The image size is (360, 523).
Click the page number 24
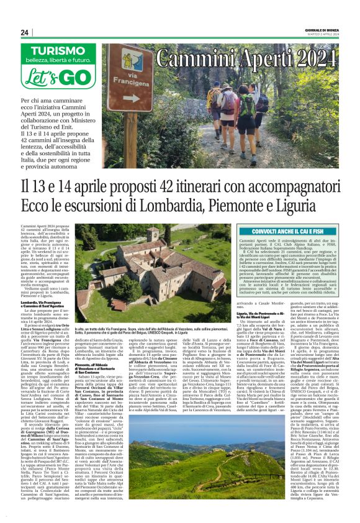25,32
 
